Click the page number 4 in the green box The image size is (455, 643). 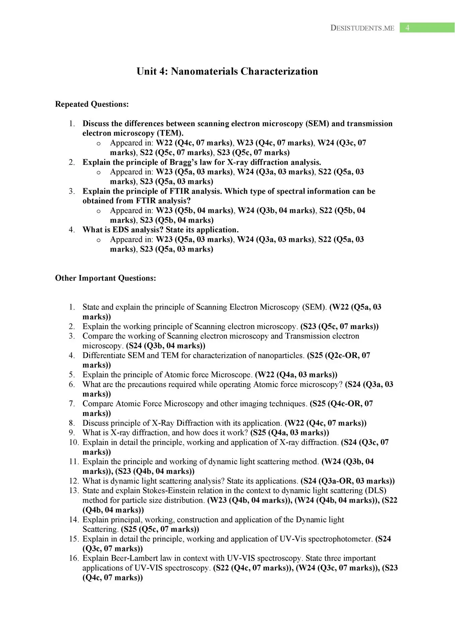[407, 28]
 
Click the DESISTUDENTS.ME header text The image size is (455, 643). [362, 28]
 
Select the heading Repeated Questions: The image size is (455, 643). [92, 104]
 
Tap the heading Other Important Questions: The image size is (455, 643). [106, 278]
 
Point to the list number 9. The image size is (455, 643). [72, 433]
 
